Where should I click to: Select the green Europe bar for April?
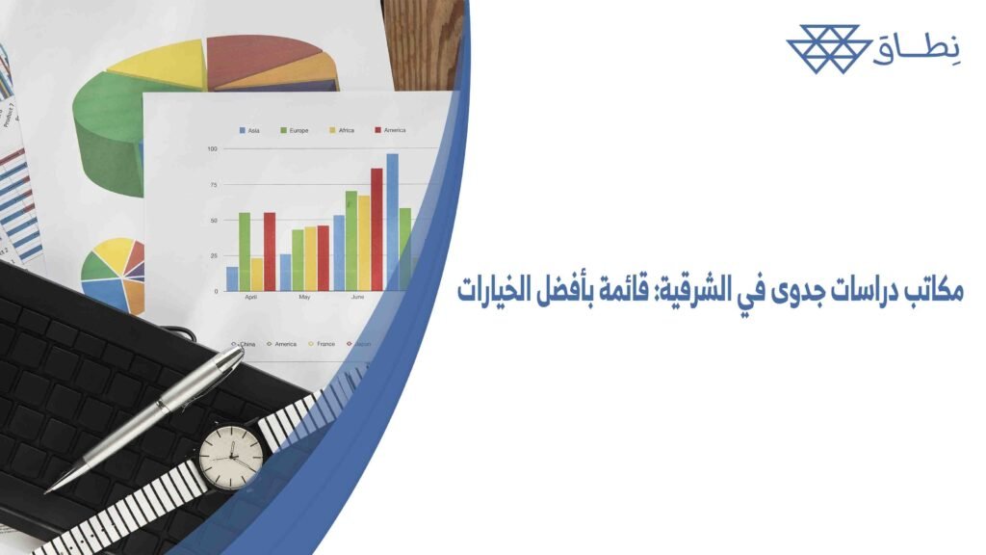pyautogui.click(x=245, y=251)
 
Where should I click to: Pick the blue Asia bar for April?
pyautogui.click(x=232, y=278)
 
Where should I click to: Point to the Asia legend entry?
pyautogui.click(x=248, y=130)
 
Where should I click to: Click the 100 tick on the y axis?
pyautogui.click(x=212, y=149)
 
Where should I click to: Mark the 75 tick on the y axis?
pyautogui.click(x=212, y=185)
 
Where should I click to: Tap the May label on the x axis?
pyautogui.click(x=304, y=298)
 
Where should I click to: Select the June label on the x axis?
pyautogui.click(x=358, y=298)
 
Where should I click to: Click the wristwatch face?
pyautogui.click(x=231, y=456)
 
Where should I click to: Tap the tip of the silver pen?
pyautogui.click(x=49, y=489)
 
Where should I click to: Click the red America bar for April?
pyautogui.click(x=270, y=251)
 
